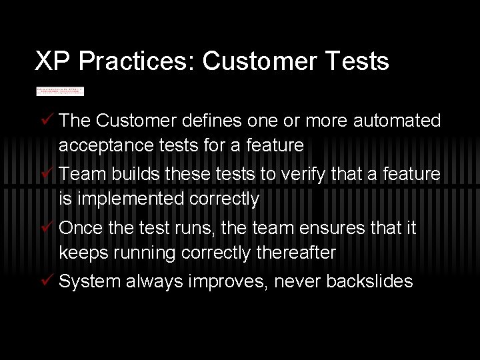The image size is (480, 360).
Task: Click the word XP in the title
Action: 53,61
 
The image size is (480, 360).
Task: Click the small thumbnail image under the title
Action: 60,91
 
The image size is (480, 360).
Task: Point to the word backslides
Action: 369,281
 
